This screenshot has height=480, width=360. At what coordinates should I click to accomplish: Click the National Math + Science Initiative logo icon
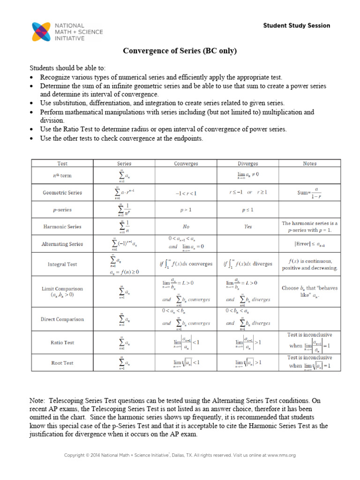42,31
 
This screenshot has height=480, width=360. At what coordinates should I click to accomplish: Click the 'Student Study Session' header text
296,26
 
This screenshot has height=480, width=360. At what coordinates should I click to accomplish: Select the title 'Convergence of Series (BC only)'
180,51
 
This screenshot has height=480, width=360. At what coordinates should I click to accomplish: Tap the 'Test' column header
62,164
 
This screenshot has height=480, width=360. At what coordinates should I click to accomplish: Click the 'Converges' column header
186,164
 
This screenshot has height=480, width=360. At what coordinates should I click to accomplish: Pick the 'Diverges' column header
248,164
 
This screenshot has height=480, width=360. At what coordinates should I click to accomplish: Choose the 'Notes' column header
310,164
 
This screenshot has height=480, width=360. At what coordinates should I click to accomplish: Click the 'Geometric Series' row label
62,193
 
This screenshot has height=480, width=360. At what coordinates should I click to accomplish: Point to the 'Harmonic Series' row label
62,226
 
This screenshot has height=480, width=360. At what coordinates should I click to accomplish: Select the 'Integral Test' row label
62,264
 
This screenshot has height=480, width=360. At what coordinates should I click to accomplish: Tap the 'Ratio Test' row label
62,343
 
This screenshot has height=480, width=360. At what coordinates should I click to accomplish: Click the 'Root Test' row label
62,363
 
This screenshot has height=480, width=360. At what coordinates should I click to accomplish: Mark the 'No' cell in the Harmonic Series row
186,226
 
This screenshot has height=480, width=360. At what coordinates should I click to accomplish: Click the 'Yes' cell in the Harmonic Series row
248,226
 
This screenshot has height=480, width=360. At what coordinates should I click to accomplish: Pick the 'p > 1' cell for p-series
186,210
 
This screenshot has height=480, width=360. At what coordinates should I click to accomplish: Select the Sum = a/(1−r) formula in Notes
310,193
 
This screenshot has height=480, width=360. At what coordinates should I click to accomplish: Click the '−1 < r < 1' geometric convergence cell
186,193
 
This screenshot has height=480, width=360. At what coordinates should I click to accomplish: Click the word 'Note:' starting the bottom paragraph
38,401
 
